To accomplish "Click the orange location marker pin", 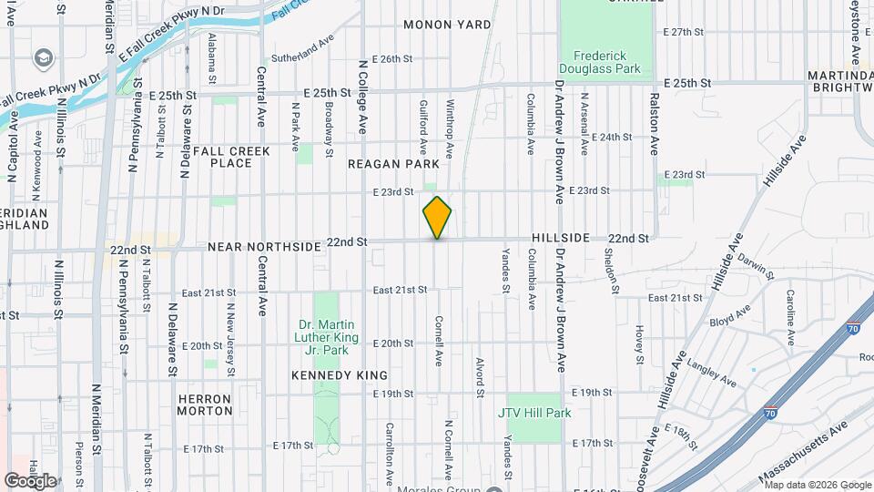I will click(x=437, y=218).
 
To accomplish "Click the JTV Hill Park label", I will click(x=534, y=413).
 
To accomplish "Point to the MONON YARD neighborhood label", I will click(x=447, y=25).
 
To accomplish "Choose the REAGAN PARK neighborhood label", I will click(x=393, y=164).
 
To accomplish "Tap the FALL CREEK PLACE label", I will click(x=216, y=156).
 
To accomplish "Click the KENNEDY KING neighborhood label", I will click(x=340, y=375).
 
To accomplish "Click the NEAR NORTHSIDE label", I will click(x=264, y=247).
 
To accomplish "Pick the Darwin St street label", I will click(x=757, y=266).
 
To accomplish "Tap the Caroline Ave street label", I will click(x=790, y=318).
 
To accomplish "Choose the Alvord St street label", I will click(x=479, y=376).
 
